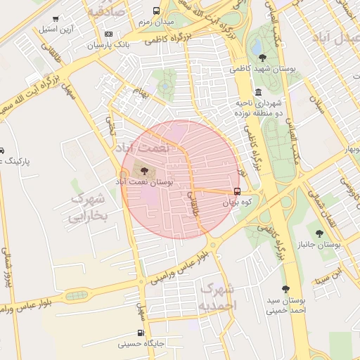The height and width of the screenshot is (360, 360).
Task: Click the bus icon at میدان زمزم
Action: tap(155, 11)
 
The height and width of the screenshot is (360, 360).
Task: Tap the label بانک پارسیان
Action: tap(108, 45)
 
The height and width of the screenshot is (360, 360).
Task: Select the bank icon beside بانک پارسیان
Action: tap(108, 34)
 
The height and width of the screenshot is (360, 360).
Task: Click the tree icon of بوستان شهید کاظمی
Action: tap(262, 58)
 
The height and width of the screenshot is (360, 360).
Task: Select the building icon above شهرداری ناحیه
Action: tap(259, 92)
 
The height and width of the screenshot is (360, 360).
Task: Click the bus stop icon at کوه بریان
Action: tap(236, 191)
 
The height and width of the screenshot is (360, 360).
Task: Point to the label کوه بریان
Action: tap(237, 202)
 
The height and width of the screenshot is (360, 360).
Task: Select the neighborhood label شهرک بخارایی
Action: tap(88, 207)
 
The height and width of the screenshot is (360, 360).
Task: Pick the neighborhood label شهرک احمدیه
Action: tap(217, 297)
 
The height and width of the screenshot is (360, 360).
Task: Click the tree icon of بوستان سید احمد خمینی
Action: tap(285, 289)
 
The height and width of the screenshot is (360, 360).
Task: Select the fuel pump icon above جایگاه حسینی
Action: tap(141, 333)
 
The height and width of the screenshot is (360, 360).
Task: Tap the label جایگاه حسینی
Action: tap(141, 345)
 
